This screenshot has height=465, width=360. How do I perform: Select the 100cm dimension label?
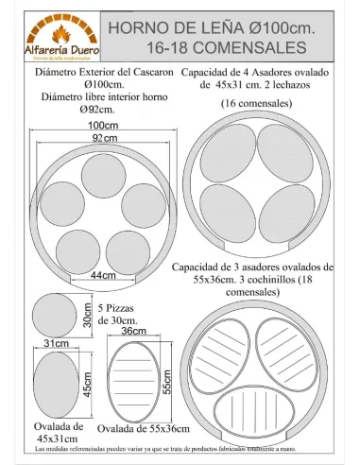click(96, 126)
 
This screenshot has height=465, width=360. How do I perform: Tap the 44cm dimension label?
click(101, 275)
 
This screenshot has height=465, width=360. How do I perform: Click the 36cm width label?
click(133, 332)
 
